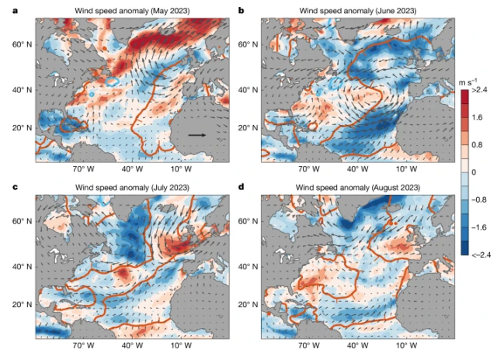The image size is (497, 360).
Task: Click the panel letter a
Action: point(6,10)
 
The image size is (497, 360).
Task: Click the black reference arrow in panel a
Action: point(196,135)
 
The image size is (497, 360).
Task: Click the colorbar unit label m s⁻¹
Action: point(470,81)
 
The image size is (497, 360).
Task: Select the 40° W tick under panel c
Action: point(129,346)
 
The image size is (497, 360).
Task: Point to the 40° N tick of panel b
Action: point(248,90)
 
